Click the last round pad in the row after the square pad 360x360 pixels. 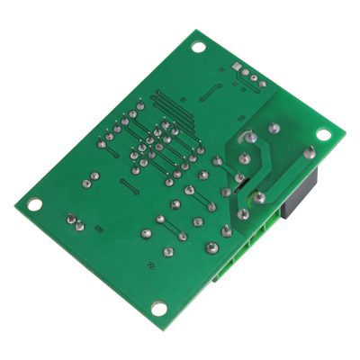click(x=264, y=84)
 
